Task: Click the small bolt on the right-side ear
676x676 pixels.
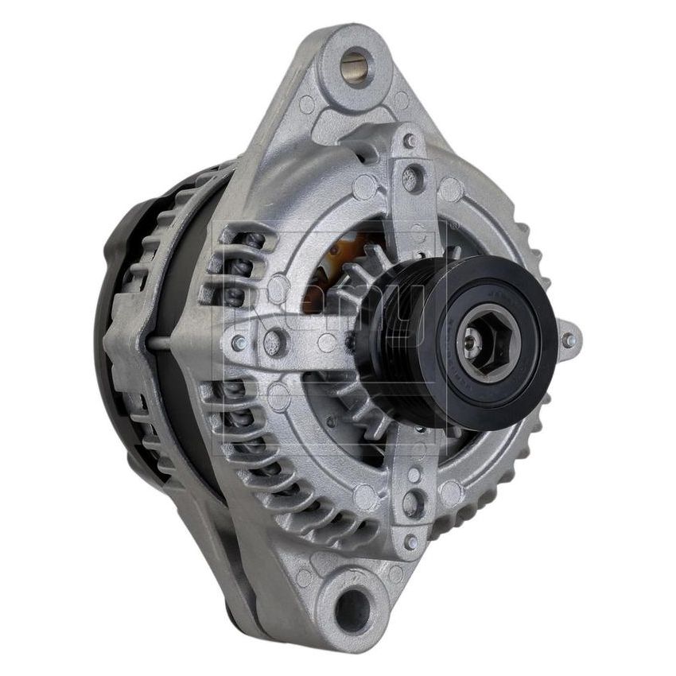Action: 568,340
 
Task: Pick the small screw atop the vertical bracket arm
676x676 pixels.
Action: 410,142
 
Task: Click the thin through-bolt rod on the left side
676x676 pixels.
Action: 159,344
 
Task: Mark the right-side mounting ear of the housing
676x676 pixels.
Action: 566,340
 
